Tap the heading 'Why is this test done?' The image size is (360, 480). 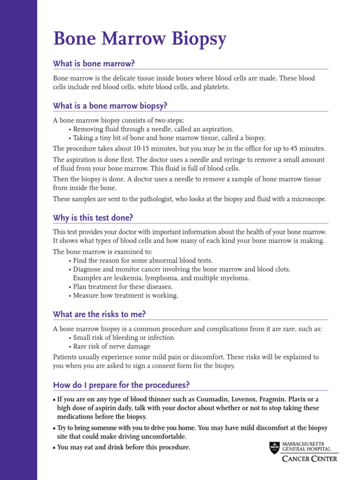click(x=93, y=217)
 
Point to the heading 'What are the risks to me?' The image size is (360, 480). click(x=99, y=314)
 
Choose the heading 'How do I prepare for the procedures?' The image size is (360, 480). click(x=121, y=385)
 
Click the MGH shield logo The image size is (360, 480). click(x=274, y=448)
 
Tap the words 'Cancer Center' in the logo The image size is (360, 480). click(x=309, y=459)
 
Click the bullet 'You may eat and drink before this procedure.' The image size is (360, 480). click(x=123, y=447)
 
